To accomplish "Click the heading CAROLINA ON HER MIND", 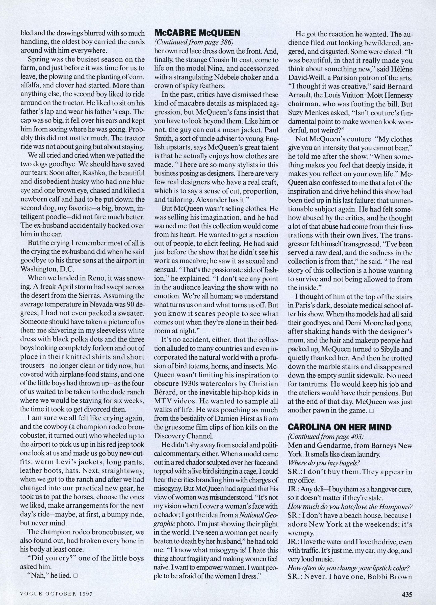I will point(340,427).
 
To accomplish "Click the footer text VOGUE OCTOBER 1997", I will point(56,592).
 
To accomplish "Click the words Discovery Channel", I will point(184,436).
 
